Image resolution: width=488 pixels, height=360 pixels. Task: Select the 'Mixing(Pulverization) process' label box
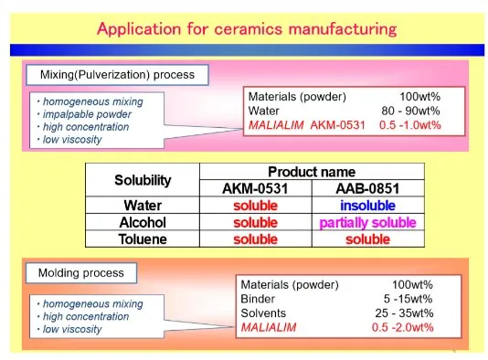[x=117, y=75]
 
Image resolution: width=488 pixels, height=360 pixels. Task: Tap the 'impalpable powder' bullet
[x=87, y=114]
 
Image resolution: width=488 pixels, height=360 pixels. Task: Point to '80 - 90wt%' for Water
[x=410, y=111]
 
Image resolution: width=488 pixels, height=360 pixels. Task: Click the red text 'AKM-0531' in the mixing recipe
[x=338, y=125]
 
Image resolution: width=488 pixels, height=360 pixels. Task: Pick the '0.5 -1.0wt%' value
[x=410, y=125]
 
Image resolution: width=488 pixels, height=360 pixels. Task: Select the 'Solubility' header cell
[x=143, y=180]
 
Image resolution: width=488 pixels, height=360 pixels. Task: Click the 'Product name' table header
[x=312, y=172]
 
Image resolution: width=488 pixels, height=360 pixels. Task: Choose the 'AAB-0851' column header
[x=368, y=188]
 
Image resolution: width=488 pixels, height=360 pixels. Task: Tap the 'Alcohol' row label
[x=143, y=222]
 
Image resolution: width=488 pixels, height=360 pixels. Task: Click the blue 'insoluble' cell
[x=368, y=206]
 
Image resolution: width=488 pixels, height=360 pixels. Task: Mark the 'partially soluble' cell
[x=368, y=222]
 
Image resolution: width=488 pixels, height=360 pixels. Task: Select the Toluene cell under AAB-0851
[x=368, y=239]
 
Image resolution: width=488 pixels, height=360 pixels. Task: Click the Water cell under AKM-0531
[x=256, y=206]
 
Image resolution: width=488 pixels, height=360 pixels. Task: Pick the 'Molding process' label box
[x=81, y=273]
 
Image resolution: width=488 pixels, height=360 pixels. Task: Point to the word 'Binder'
[x=258, y=299]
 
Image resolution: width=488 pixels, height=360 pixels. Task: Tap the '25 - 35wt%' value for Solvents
[x=404, y=313]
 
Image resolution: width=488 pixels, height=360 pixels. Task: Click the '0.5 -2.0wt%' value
[x=402, y=327]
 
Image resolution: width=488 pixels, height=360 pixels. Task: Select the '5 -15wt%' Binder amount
[x=408, y=299]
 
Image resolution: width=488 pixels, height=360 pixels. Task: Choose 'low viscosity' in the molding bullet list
[x=72, y=329]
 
